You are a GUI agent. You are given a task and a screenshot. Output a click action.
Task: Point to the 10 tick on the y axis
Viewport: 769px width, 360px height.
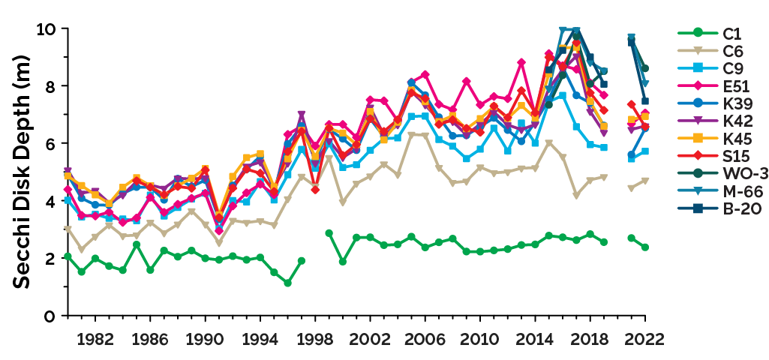click(47, 29)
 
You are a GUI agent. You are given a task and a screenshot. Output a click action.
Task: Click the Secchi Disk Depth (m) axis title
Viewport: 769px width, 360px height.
click(22, 172)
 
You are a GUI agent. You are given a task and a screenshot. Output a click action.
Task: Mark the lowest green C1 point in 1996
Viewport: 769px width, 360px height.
click(287, 283)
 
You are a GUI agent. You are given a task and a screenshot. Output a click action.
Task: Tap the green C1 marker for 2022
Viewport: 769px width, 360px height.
click(645, 247)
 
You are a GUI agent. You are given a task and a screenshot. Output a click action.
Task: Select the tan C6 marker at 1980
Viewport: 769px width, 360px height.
click(68, 229)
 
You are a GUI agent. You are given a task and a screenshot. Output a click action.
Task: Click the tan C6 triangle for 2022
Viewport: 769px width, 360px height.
click(645, 181)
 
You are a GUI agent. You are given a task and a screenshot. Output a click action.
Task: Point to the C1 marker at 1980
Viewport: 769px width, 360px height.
click(68, 256)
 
